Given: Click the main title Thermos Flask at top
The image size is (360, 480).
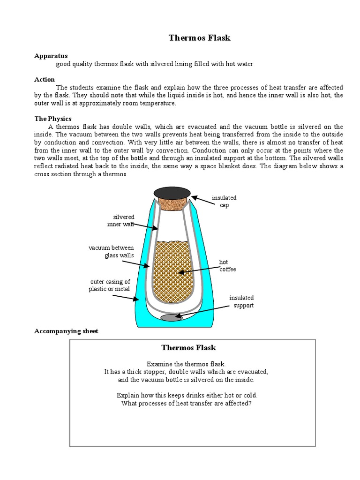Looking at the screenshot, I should point(199,38).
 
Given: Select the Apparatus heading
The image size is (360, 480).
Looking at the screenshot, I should point(51,56).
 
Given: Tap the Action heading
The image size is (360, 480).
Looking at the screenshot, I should point(45,79).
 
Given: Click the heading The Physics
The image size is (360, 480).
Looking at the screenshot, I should point(53,119).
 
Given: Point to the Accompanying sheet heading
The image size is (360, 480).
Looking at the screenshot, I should point(66,331).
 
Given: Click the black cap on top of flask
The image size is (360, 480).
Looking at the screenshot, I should point(172,192).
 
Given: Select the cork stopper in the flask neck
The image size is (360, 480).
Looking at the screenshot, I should point(172,203).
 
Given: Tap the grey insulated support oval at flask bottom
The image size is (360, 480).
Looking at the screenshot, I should point(172,318).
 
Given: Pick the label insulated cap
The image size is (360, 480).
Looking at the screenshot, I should point(224,202).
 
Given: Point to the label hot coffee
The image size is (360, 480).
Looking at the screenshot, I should point(227,265).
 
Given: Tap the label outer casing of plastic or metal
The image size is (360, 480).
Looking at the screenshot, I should point(110,285).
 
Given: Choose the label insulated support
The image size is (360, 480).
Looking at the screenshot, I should point(241,301).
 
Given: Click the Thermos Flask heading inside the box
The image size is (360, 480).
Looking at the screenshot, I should point(188,347).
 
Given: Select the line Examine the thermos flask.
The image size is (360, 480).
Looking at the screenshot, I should point(186,364).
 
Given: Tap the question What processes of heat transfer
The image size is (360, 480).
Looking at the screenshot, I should point(187,403).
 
